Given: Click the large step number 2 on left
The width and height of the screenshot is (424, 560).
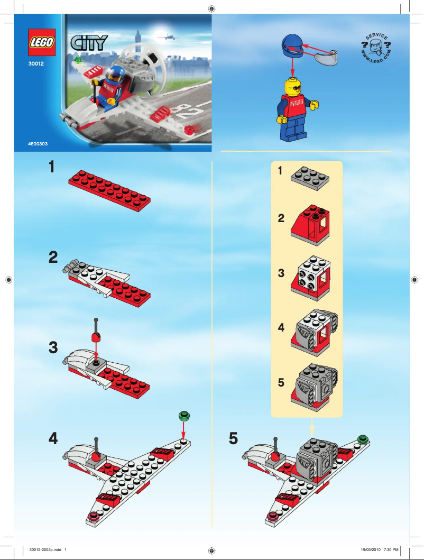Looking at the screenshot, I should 53,258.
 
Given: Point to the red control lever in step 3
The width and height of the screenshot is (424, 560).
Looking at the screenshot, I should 96,335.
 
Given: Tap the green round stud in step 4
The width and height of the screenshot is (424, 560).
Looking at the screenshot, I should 184,416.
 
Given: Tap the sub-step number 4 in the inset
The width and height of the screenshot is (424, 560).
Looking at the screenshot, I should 281,328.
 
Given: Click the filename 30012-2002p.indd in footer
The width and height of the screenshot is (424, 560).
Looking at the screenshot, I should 46,549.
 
